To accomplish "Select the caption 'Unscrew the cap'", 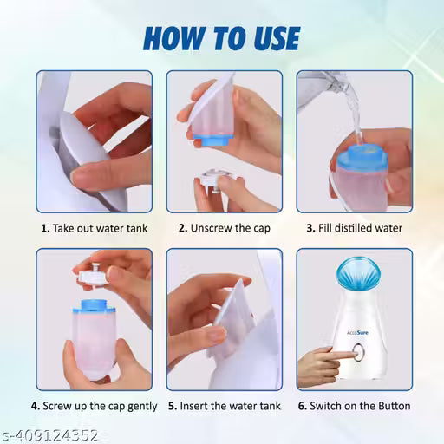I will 225,228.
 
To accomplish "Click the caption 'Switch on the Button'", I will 358,405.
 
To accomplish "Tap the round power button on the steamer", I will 357,354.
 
